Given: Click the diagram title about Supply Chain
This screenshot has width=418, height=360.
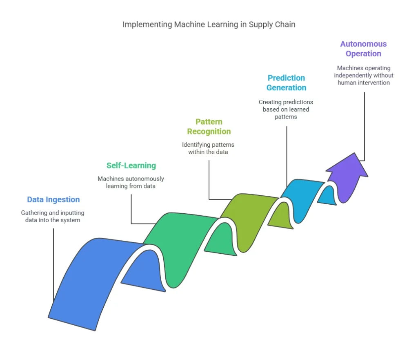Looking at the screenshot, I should tap(209, 25).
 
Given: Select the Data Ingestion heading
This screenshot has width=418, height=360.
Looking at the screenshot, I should tap(53, 200).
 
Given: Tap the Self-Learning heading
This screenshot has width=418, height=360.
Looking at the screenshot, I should tap(131, 165).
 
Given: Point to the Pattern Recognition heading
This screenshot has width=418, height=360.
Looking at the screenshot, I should tap(209, 127).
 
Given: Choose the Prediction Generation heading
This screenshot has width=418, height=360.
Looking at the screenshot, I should tap(286, 83).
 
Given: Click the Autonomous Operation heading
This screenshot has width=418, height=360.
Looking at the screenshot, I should tap(363, 49).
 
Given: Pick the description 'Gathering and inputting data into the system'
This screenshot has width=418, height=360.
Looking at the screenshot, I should tap(53, 217).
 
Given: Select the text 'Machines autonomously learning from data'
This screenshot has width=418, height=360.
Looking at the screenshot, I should tap(131, 182).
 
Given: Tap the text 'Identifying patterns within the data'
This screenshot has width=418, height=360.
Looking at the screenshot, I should tap(208, 148).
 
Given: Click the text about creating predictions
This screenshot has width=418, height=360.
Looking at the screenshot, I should tap(286, 109).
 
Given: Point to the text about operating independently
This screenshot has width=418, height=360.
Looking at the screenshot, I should tap(363, 75).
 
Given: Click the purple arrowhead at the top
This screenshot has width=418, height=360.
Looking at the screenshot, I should tap(347, 168).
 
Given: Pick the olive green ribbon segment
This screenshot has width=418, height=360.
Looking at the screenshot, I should tap(249, 217).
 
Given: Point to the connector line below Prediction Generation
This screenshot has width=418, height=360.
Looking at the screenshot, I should tap(287, 155).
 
